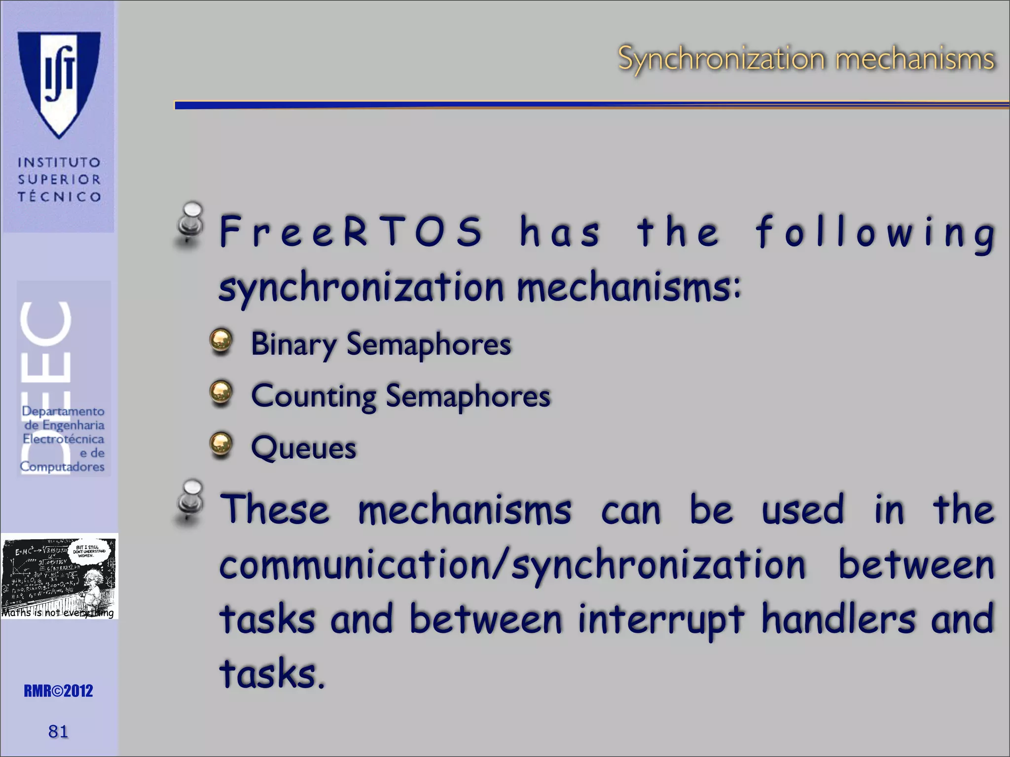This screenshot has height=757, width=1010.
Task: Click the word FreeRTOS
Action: (350, 232)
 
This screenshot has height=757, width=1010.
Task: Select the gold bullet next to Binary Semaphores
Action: (221, 341)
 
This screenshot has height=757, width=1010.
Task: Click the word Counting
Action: (314, 396)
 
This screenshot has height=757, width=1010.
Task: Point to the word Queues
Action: (303, 448)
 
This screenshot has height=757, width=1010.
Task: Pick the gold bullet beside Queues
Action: (221, 445)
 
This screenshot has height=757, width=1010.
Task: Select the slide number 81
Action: (58, 731)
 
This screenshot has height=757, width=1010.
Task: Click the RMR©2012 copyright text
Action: (58, 691)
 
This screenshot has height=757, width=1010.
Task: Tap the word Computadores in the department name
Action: (62, 466)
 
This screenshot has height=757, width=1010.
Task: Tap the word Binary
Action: (293, 344)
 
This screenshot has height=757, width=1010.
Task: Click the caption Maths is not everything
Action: (58, 613)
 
